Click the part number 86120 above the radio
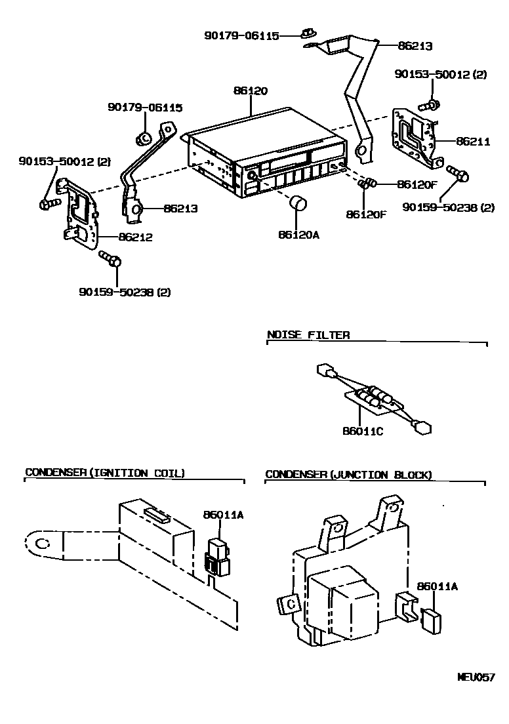point(250,91)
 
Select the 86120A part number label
point(298,235)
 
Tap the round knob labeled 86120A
point(298,203)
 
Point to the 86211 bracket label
point(473,141)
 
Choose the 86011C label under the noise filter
point(362,432)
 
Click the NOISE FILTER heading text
point(308,335)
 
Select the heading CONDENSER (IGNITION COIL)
point(105,473)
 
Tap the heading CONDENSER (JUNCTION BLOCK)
point(348,475)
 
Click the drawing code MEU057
point(476,677)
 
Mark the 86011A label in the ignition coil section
point(223,515)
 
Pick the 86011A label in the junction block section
point(437,587)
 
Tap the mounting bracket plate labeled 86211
point(414,135)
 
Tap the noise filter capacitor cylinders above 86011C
point(377,396)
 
